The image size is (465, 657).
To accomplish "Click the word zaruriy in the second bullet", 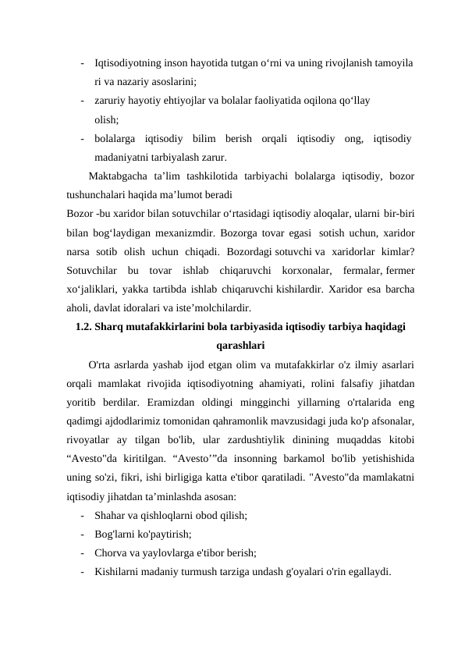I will tap(111, 100).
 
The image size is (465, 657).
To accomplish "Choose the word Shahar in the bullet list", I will tap(109, 515).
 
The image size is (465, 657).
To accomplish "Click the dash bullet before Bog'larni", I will tap(82, 534).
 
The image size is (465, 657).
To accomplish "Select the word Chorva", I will tap(111, 552).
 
